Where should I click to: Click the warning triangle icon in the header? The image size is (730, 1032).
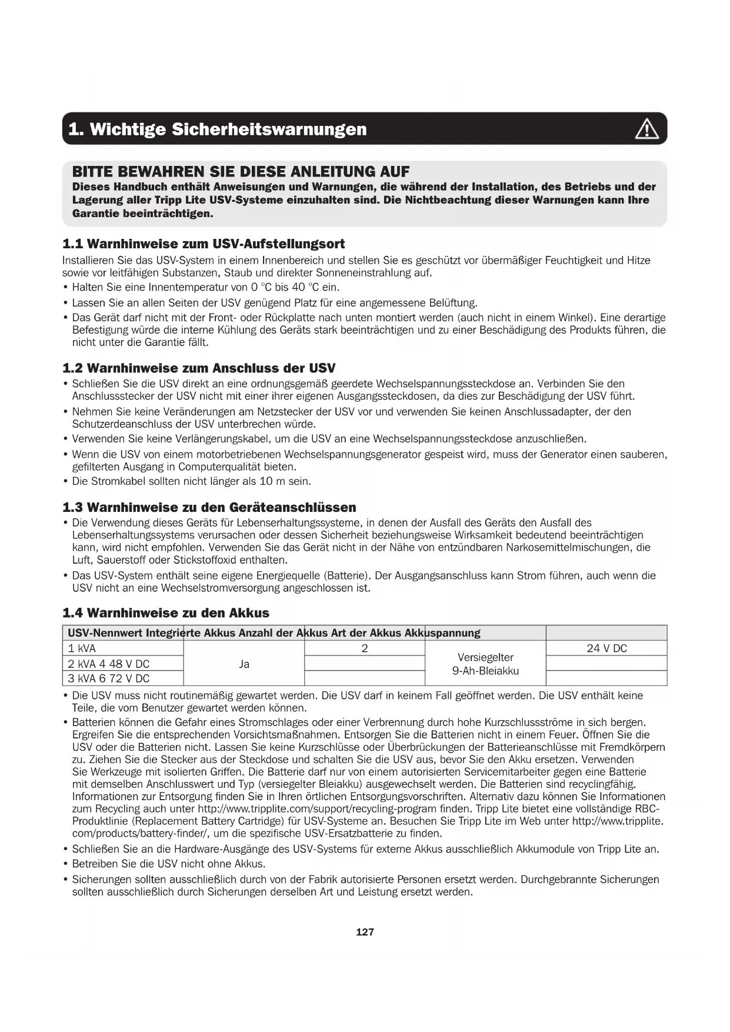click(646, 129)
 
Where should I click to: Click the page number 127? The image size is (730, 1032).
click(365, 932)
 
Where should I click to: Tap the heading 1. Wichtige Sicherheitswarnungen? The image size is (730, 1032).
click(217, 129)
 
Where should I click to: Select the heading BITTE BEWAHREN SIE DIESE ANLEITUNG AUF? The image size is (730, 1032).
click(241, 172)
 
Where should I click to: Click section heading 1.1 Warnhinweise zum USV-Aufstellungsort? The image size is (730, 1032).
click(204, 244)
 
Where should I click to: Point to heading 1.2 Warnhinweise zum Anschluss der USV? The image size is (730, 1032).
click(199, 368)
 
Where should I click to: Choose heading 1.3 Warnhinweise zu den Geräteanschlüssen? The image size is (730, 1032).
click(209, 507)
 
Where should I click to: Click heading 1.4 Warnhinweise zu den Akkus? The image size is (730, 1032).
click(166, 613)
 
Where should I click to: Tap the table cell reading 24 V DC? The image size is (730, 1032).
click(606, 648)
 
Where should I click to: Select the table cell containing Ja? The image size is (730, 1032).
click(244, 664)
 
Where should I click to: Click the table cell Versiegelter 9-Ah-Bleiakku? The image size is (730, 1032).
click(485, 664)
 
